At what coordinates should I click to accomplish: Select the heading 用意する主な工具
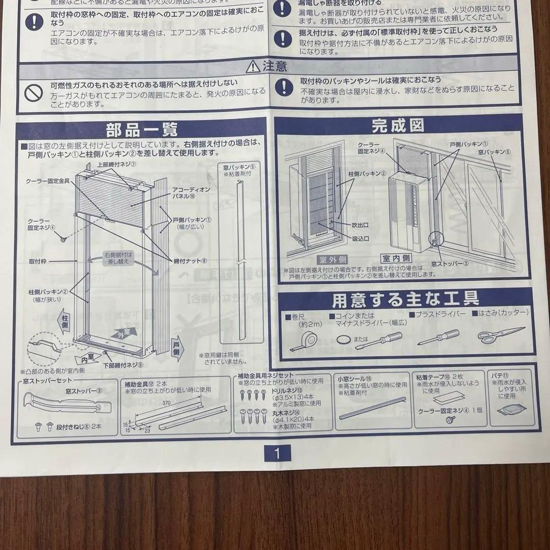coord(405,299)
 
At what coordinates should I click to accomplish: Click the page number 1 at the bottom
coord(277,453)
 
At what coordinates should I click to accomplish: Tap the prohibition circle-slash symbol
coord(34,92)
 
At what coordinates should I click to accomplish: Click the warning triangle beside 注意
coord(253,66)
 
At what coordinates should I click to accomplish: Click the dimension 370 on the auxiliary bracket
coord(166,402)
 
